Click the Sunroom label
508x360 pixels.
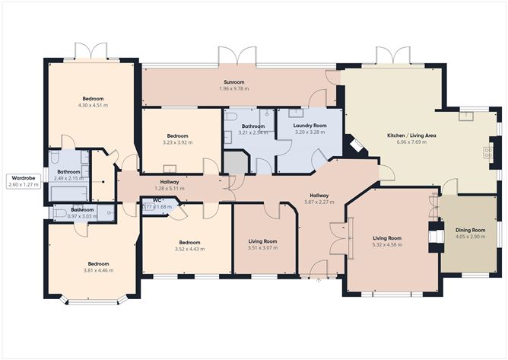click(233, 81)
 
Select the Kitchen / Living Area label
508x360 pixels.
click(411, 135)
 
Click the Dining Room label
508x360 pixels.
click(470, 230)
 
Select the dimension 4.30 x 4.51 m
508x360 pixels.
click(93, 106)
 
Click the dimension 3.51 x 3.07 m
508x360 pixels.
click(262, 248)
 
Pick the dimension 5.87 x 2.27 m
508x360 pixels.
click(329, 202)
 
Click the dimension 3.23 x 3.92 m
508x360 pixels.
click(177, 142)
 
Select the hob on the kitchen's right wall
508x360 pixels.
click(487, 152)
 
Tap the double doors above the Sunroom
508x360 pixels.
click(237, 57)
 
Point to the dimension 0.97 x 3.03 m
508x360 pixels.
click(82, 216)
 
